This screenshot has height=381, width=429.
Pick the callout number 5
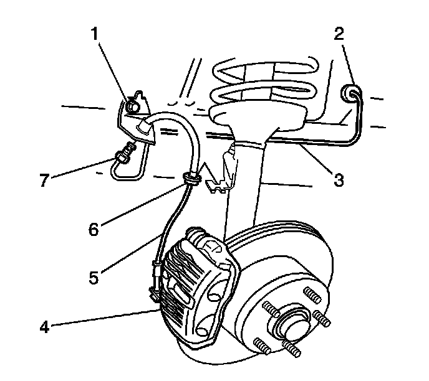pos(94,276)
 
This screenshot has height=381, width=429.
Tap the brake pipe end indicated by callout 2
pos(352,95)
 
